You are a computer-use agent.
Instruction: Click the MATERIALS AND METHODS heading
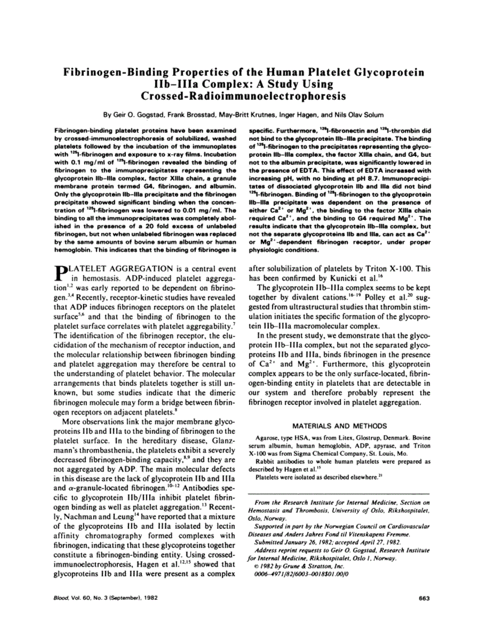pyautogui.click(x=339, y=426)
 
